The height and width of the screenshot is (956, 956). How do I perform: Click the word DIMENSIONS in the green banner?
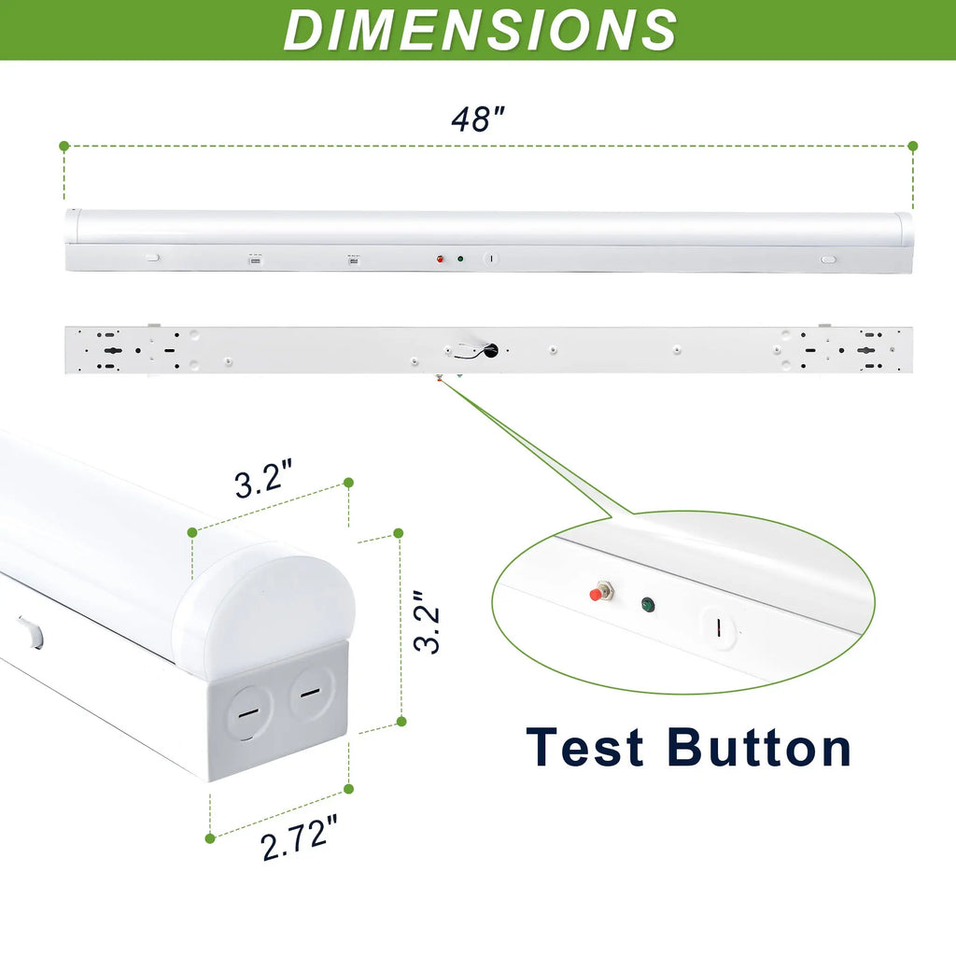(480, 30)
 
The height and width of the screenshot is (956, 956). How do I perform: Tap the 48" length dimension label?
(479, 119)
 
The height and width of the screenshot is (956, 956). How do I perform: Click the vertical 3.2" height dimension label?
(427, 621)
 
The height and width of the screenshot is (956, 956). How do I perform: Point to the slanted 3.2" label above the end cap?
(263, 478)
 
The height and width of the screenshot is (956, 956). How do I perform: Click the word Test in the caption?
(584, 747)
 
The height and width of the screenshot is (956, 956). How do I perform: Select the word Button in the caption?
(759, 747)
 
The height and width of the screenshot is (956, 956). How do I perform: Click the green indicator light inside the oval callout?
(648, 605)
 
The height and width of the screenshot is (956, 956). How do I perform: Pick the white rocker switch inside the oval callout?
(720, 627)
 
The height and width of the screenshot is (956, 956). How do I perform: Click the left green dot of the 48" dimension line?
(64, 146)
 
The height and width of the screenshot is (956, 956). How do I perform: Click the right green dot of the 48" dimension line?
(913, 146)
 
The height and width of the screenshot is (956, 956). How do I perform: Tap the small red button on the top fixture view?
(440, 260)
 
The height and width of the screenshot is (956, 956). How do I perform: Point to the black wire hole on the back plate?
(491, 350)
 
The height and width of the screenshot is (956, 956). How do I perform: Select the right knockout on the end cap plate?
(312, 694)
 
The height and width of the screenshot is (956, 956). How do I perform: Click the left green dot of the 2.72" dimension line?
(210, 838)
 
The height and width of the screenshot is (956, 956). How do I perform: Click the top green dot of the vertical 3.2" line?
(398, 533)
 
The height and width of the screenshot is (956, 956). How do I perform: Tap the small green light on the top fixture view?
(460, 260)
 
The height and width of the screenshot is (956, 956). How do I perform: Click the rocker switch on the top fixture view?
(491, 259)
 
